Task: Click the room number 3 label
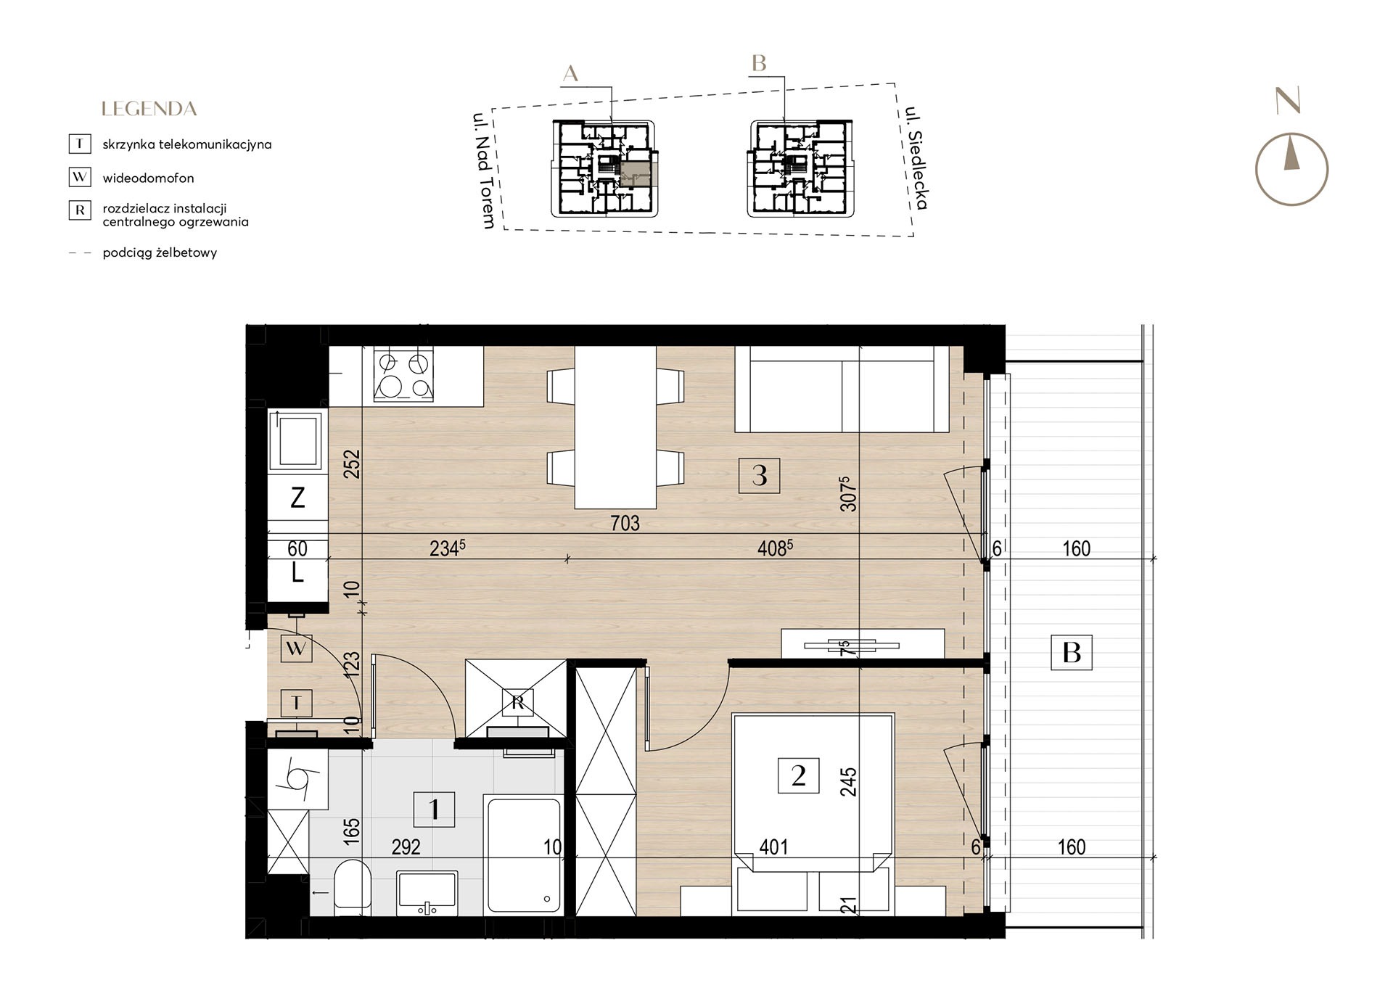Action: coord(759,476)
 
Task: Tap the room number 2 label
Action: coord(798,776)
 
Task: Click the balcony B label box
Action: coord(1072,652)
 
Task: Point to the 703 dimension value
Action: coord(625,523)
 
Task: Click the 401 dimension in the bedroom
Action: coord(773,846)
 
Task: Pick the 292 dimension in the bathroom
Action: coord(406,846)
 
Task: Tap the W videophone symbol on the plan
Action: coord(296,648)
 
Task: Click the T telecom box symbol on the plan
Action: coord(296,702)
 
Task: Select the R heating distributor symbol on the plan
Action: coord(517,702)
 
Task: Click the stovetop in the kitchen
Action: coord(404,374)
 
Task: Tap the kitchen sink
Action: coord(296,439)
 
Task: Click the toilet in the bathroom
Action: coord(353,886)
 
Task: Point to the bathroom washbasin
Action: coord(427,893)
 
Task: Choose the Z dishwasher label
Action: coord(297,498)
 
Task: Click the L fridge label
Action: coord(297,574)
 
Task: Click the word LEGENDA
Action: coord(149,110)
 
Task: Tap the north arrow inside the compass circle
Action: coord(1291,155)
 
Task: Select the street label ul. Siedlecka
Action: coord(916,158)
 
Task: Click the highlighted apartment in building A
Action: coord(636,175)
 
